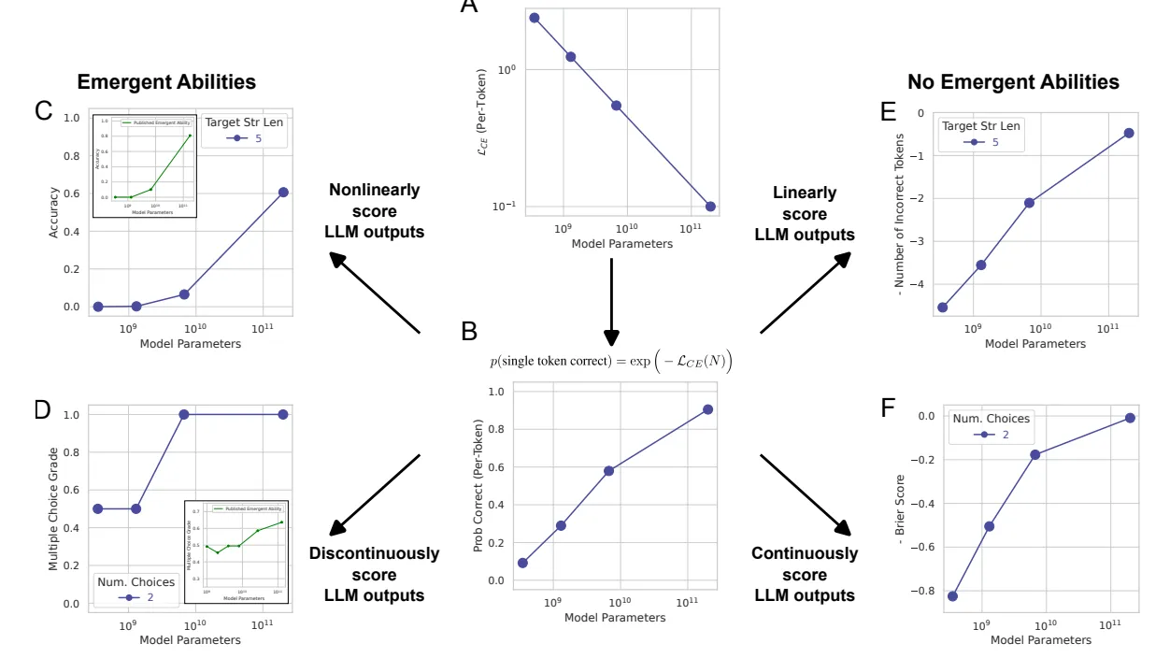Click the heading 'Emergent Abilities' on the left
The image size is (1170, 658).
click(x=166, y=82)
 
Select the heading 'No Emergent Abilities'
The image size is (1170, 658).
click(x=1013, y=82)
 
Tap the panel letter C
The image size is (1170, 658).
click(x=43, y=111)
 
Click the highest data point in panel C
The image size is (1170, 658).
click(x=283, y=193)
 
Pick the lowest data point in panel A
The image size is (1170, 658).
click(x=710, y=207)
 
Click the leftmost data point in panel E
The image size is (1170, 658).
click(x=943, y=308)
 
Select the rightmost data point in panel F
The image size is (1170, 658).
click(x=1130, y=418)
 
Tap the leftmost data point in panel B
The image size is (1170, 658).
click(x=522, y=563)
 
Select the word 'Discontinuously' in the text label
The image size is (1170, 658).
click(x=374, y=553)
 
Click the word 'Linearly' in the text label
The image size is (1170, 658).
click(x=805, y=193)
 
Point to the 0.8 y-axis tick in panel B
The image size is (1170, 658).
click(x=495, y=429)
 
